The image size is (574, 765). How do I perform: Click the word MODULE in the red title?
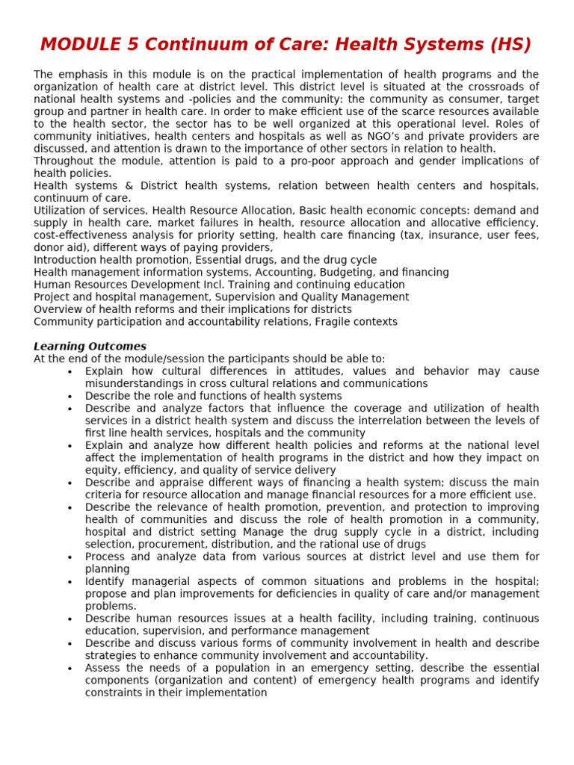[78, 45]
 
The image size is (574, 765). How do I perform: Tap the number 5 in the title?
[134, 45]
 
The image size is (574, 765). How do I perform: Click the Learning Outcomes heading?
[90, 347]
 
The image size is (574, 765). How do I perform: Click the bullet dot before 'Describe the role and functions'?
[70, 397]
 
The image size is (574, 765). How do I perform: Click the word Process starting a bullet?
[105, 557]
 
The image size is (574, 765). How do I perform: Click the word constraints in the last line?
[114, 693]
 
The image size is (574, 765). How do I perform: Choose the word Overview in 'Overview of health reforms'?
[59, 309]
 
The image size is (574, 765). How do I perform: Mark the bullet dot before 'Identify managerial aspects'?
[70, 582]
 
